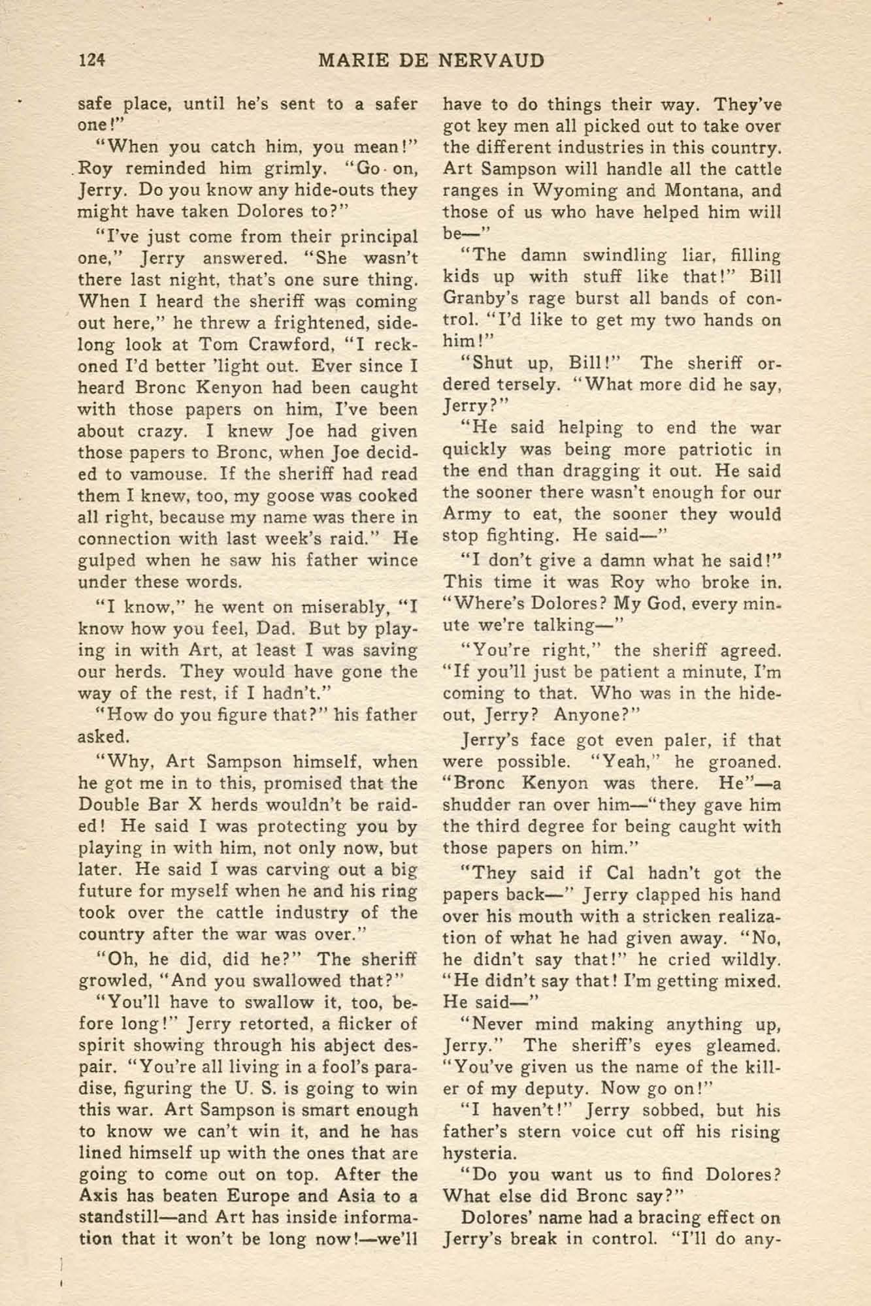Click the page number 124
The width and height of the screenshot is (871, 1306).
click(92, 61)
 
